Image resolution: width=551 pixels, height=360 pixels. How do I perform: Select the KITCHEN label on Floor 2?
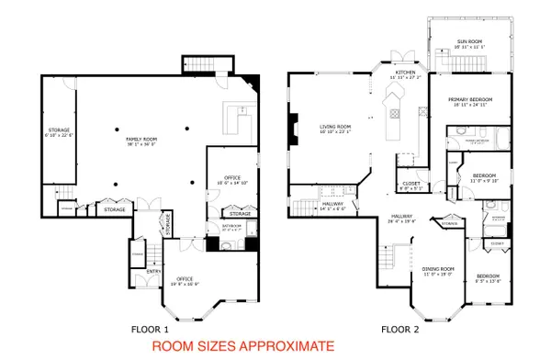(406, 72)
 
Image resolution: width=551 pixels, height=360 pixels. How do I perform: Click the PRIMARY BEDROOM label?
(470, 99)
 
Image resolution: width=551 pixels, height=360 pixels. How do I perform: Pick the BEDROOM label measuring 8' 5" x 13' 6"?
(487, 276)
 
